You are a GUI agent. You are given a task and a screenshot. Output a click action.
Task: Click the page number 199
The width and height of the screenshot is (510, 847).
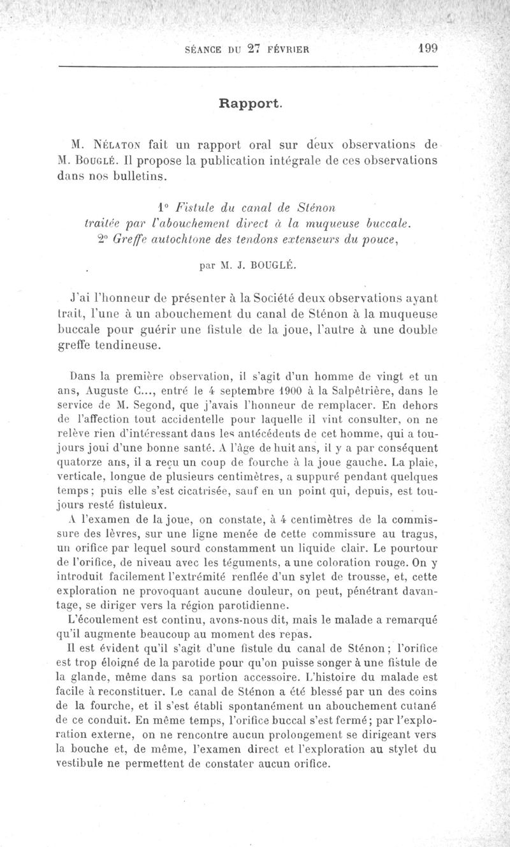[425, 49]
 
